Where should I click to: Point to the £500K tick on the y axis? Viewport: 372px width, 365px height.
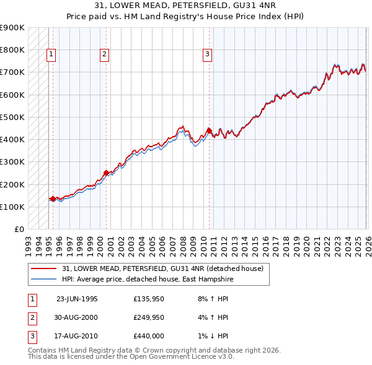[12, 117]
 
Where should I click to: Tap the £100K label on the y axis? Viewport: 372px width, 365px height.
[12, 207]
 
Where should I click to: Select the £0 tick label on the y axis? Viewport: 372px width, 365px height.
[19, 229]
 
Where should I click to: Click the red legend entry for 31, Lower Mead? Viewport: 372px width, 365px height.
[162, 268]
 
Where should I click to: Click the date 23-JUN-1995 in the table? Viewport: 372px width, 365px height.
[77, 298]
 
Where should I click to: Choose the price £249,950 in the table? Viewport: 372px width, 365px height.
[149, 317]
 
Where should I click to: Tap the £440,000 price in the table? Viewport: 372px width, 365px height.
[149, 336]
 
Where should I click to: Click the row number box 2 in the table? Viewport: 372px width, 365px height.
[32, 317]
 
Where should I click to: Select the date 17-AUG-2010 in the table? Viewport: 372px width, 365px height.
[77, 336]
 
